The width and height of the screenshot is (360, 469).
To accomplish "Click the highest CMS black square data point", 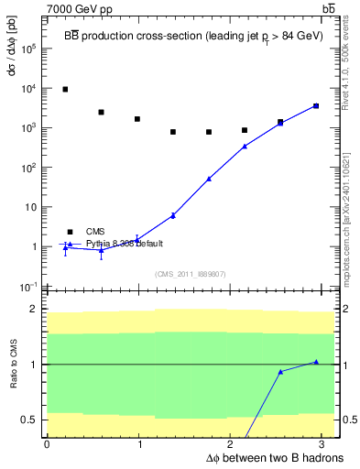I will pos(65,89).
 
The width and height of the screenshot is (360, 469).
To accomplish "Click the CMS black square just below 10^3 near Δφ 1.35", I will pos(173,132).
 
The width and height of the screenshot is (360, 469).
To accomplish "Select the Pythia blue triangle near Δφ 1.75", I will pos(209,179).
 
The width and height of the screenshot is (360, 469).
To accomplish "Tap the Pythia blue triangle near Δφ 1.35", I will pos(173,215).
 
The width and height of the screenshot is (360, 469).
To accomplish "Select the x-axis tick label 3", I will pos(324,444).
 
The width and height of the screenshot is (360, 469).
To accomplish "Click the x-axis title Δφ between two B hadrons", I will pos(250,457).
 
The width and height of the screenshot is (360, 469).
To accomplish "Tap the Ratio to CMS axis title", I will pos(13,365).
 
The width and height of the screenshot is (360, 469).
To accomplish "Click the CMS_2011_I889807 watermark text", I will pos(190,274).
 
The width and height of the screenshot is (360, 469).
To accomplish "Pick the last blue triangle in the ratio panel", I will pos(316,362).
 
